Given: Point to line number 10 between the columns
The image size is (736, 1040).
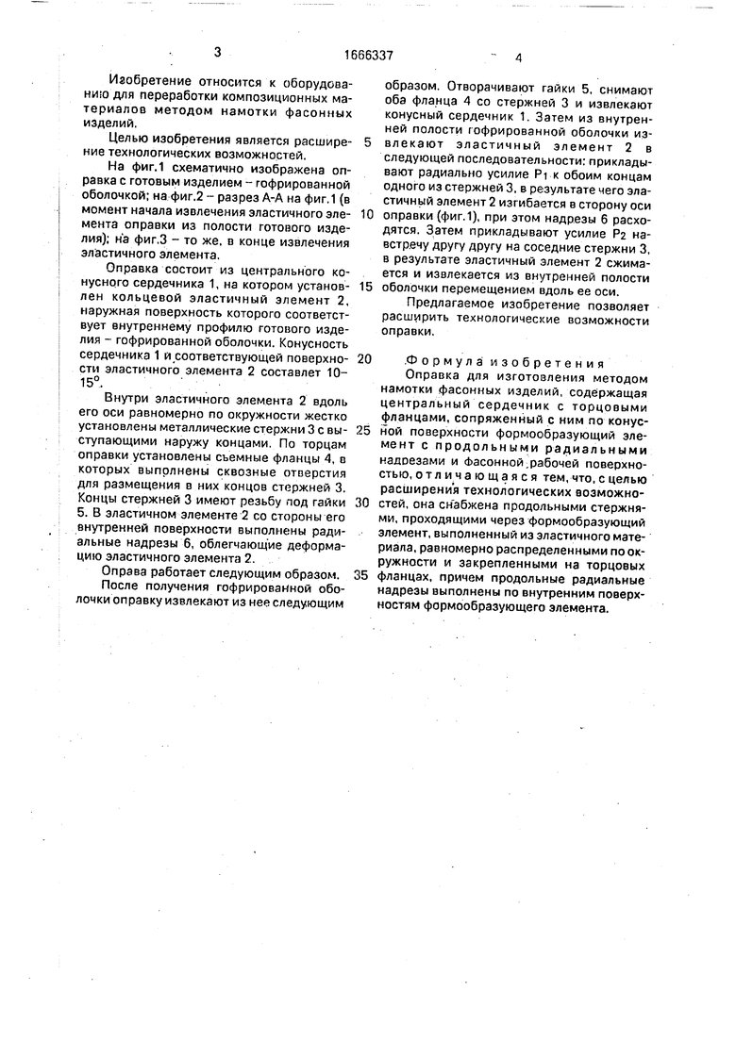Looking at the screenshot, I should click(367, 214).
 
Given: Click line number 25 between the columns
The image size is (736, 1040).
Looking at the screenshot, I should click(365, 429).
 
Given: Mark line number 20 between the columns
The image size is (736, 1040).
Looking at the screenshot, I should click(365, 358).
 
